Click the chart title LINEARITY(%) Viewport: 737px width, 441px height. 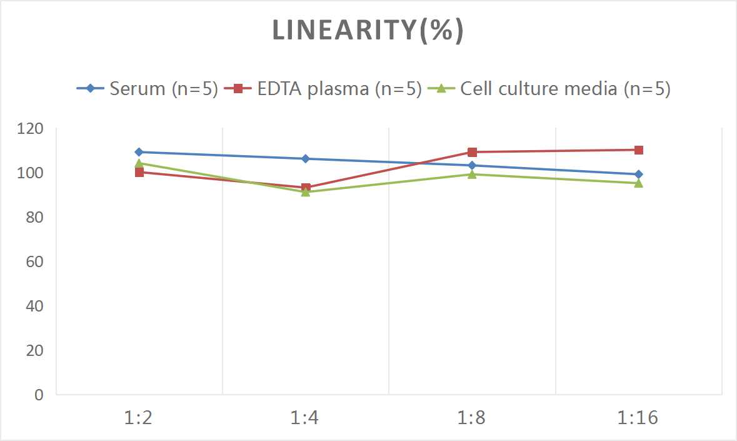click(368, 31)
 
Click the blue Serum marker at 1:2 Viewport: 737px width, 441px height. click(139, 152)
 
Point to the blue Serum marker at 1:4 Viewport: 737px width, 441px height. click(306, 159)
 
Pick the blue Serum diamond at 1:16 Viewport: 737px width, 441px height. click(638, 175)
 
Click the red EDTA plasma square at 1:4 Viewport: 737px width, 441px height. click(306, 188)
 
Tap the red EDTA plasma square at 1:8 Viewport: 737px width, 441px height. click(472, 152)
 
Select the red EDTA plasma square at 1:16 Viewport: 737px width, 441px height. click(638, 150)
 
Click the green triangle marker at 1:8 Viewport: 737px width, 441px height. click(472, 174)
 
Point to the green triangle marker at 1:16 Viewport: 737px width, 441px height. click(638, 183)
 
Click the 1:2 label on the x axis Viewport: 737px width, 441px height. click(139, 417)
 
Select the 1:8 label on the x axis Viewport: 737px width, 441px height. click(472, 417)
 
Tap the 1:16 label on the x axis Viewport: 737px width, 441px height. click(638, 417)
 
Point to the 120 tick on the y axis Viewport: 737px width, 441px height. click(31, 129)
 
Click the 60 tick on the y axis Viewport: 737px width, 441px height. click(35, 261)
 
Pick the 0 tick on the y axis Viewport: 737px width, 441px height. click(39, 395)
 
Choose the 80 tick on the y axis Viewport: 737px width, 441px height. click(35, 217)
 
